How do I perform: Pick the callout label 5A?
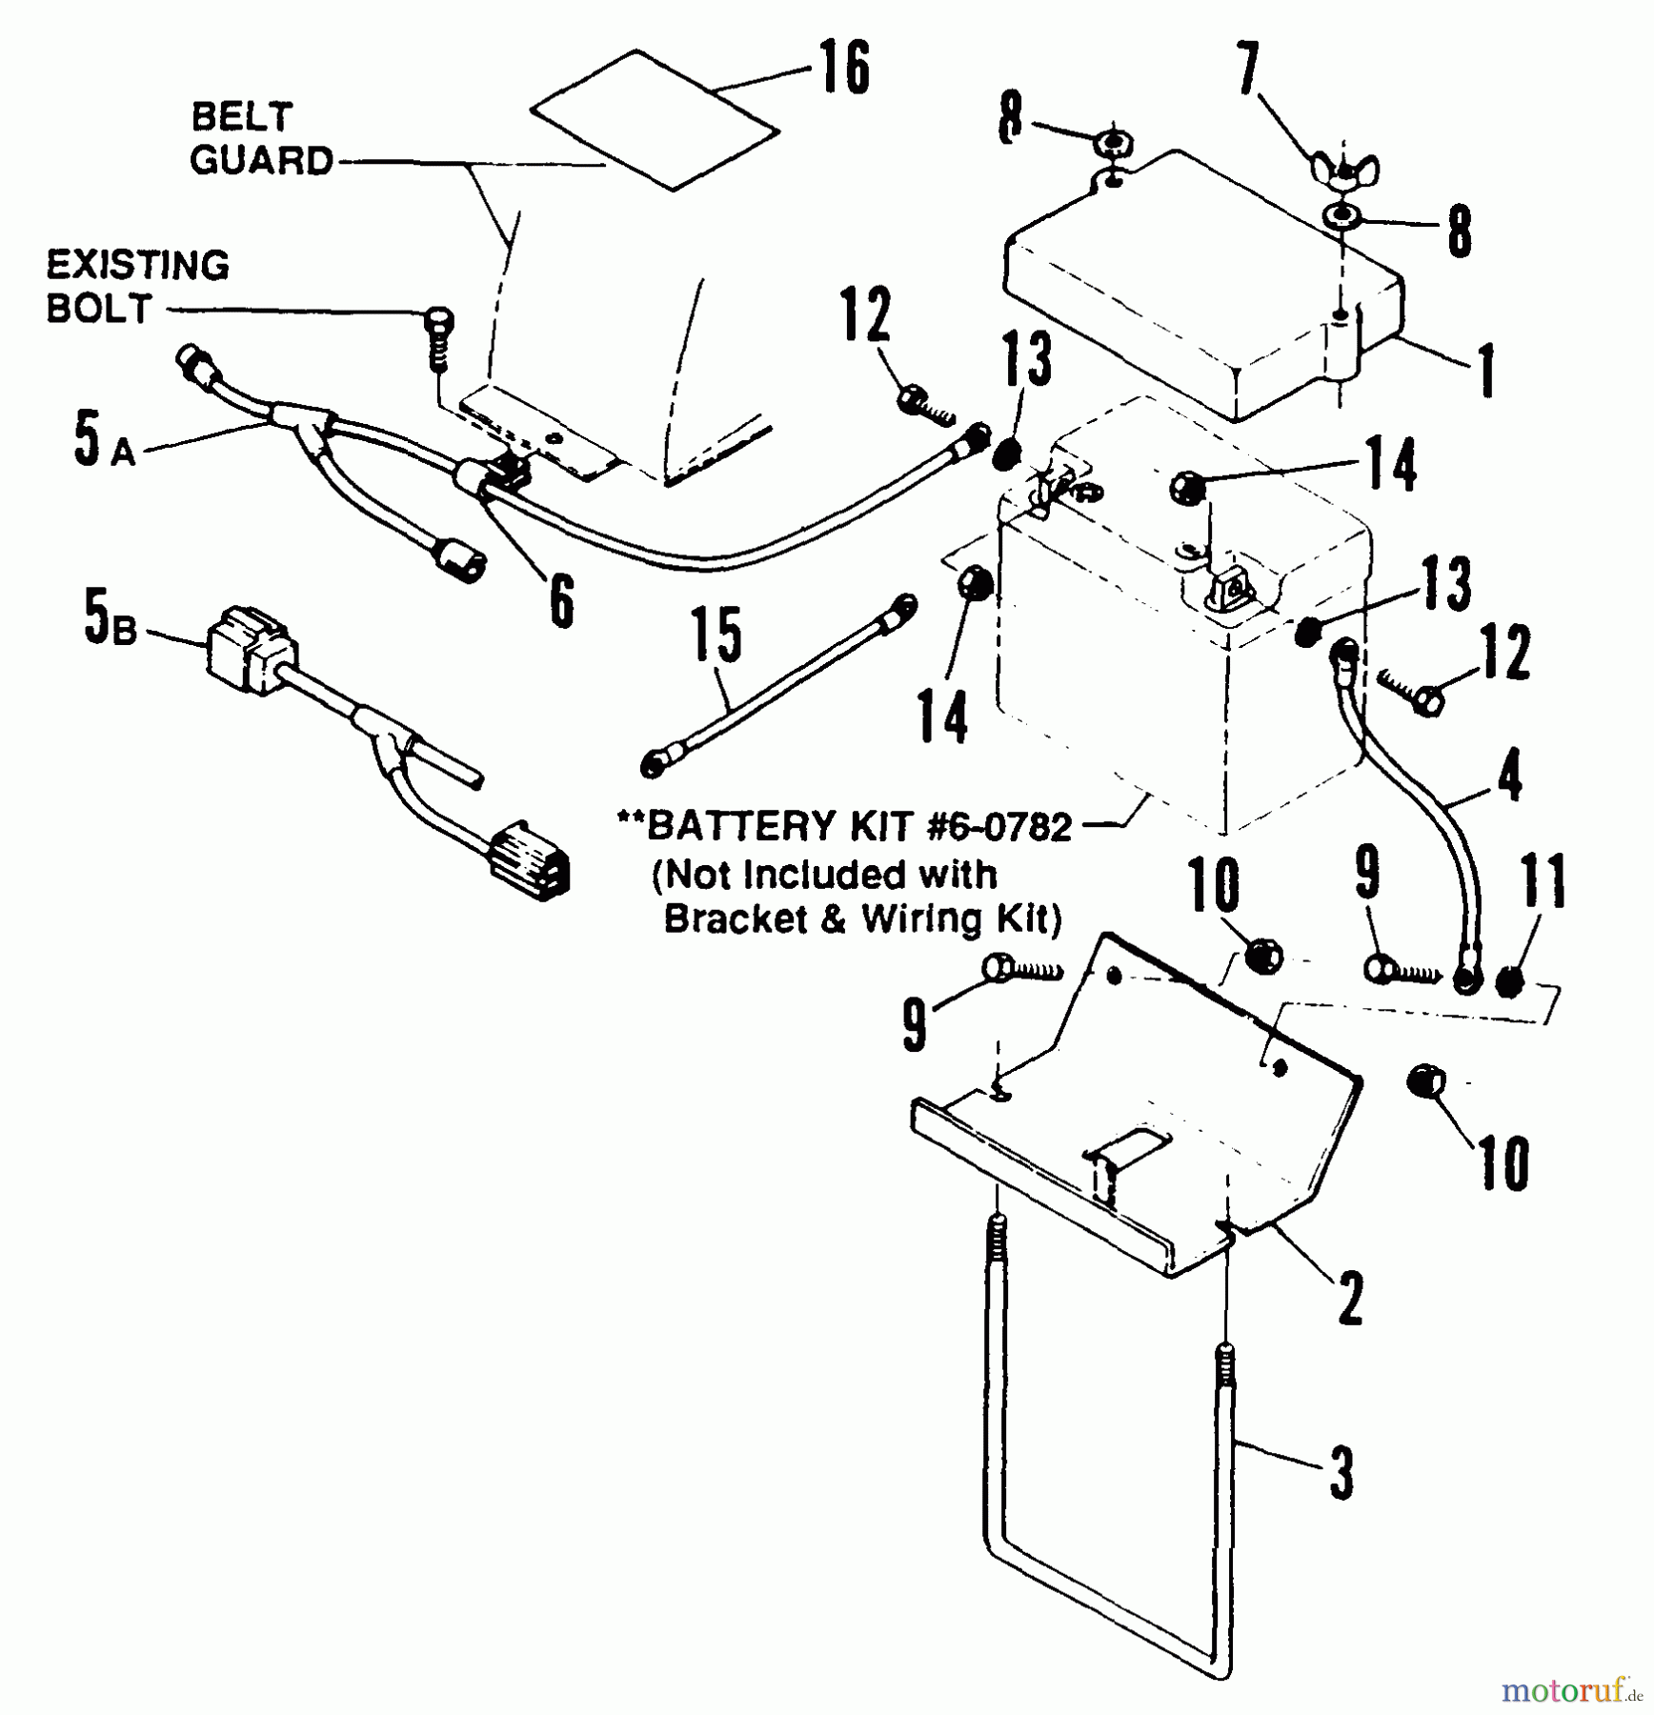(103, 440)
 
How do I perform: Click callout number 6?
(562, 599)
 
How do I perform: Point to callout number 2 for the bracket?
(1350, 1298)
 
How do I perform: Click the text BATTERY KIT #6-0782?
(857, 826)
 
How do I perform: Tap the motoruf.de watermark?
(1572, 1691)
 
